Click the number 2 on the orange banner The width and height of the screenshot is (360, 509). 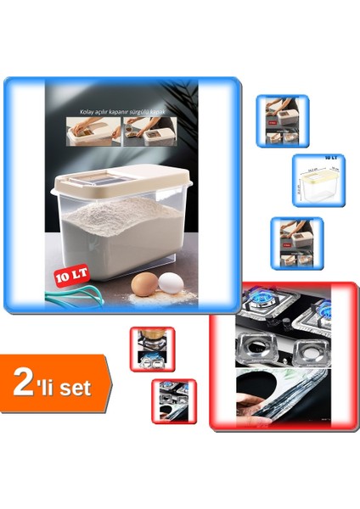23,384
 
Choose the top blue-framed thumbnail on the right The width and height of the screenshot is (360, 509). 282,121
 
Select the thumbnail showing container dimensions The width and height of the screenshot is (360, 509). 318,182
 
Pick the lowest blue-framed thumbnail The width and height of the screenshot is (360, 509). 296,243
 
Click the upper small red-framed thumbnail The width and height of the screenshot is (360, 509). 153,349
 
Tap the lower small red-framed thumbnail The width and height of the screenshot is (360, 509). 174,400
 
